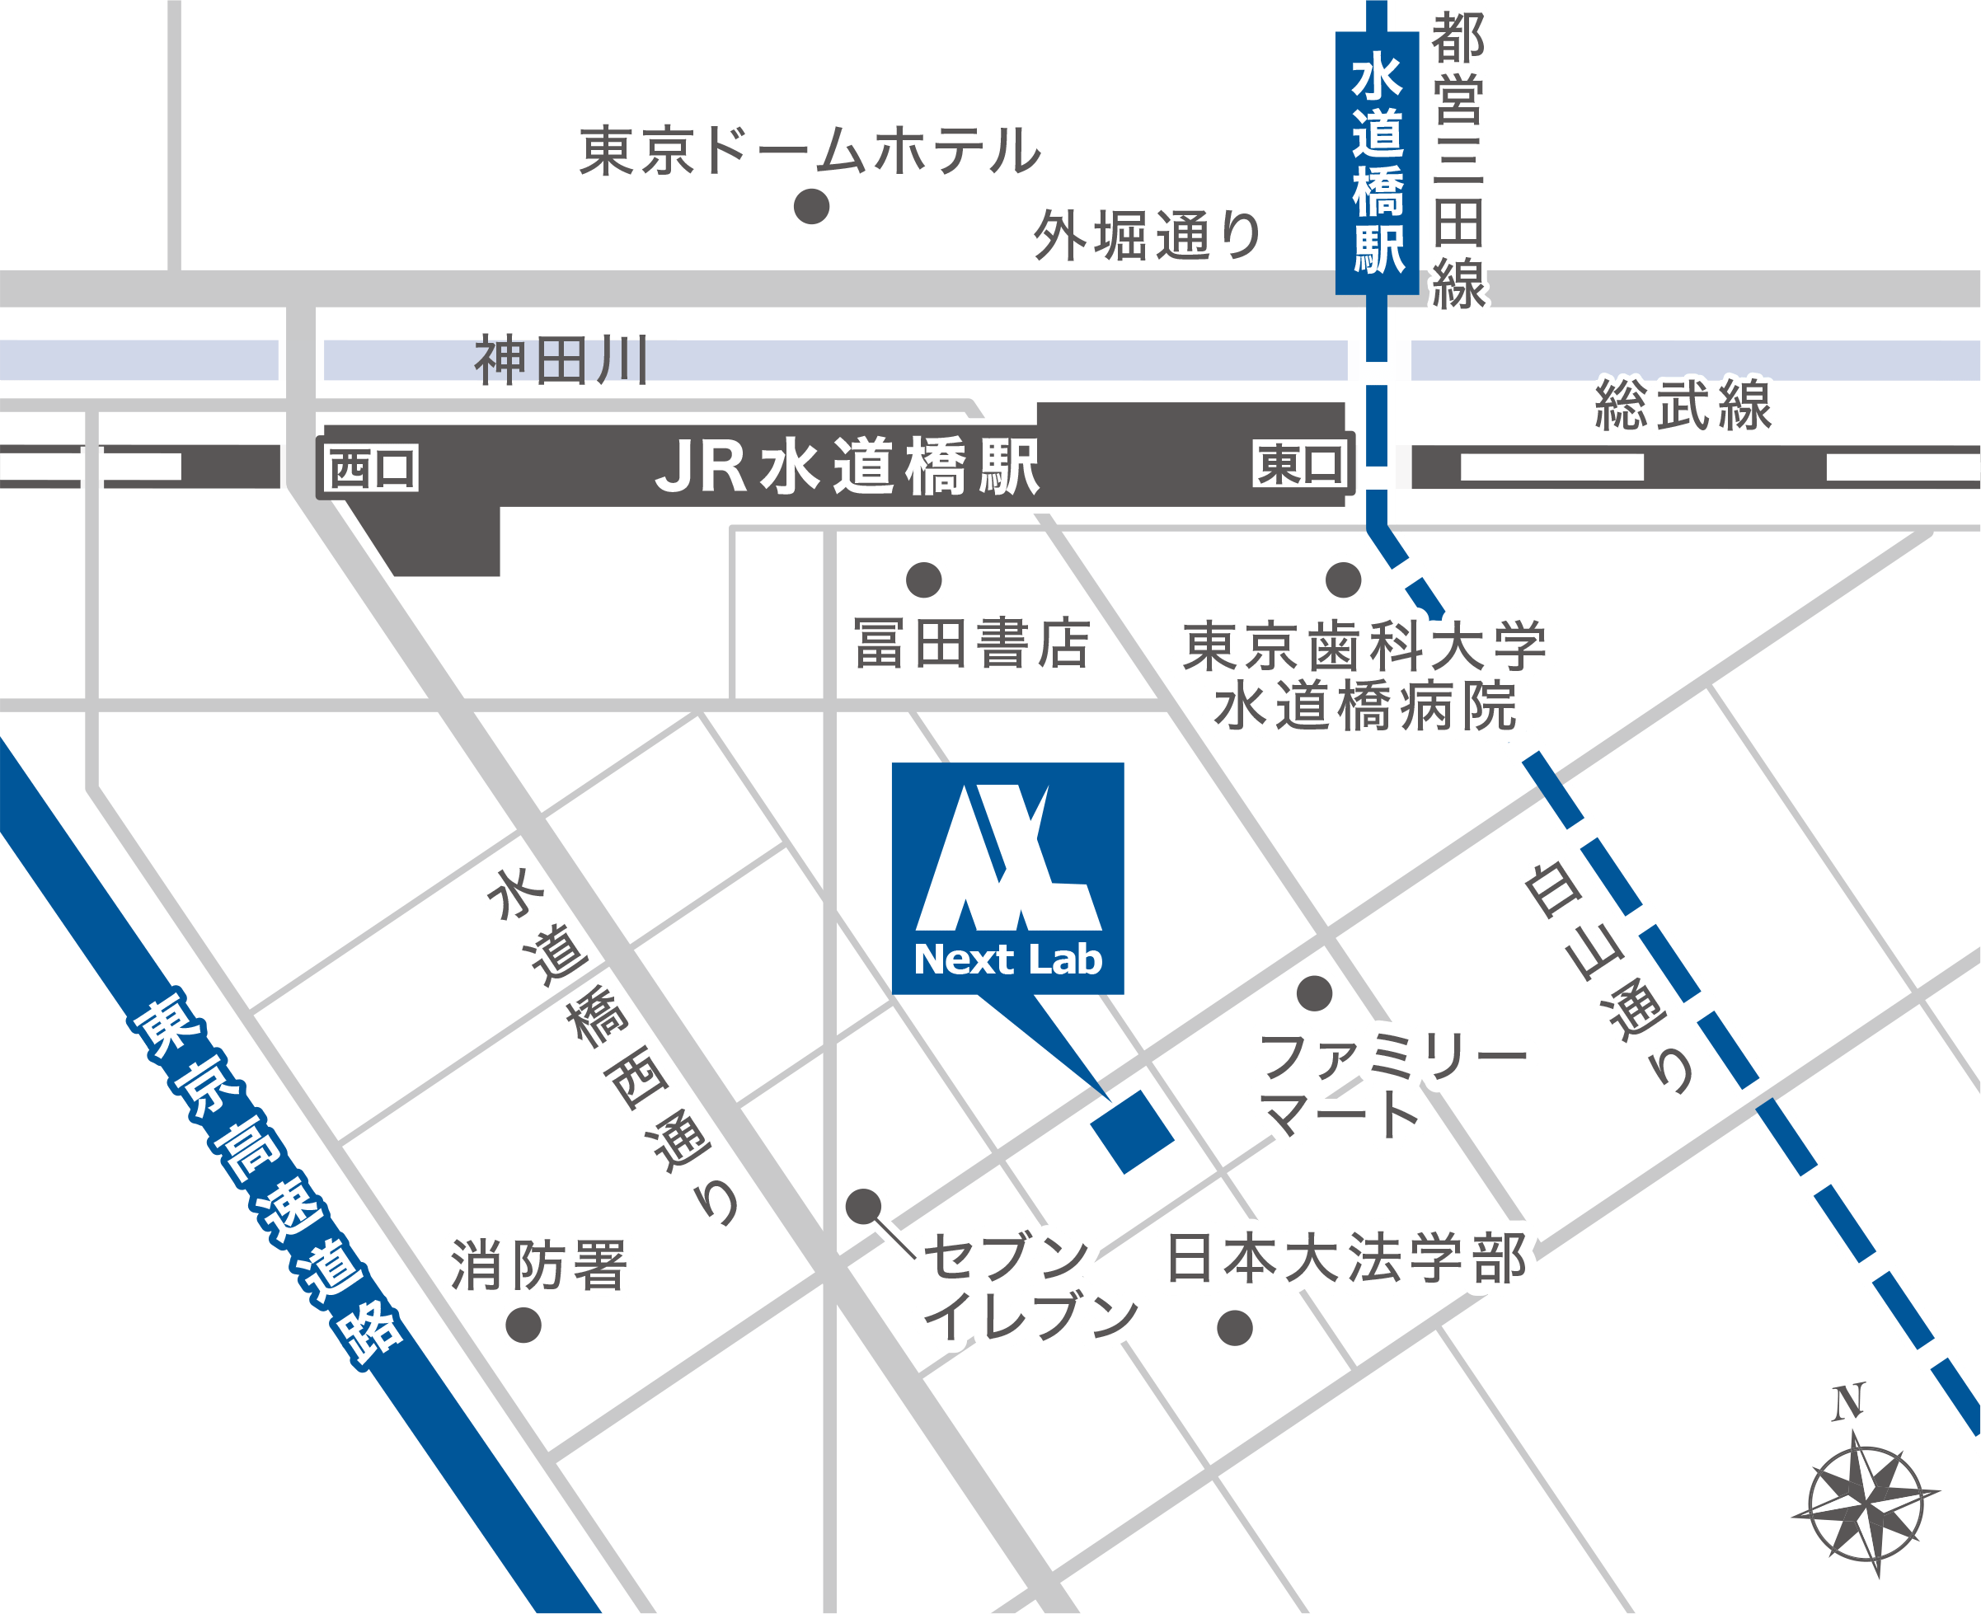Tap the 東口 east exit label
(x=1299, y=464)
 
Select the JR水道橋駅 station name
(x=847, y=466)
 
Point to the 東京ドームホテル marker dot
(x=810, y=206)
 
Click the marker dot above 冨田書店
(x=923, y=580)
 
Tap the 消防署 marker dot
(x=523, y=1325)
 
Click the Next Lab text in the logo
(x=1007, y=959)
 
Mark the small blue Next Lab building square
(x=1132, y=1132)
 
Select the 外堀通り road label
(x=1148, y=236)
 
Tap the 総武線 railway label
(x=1683, y=406)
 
